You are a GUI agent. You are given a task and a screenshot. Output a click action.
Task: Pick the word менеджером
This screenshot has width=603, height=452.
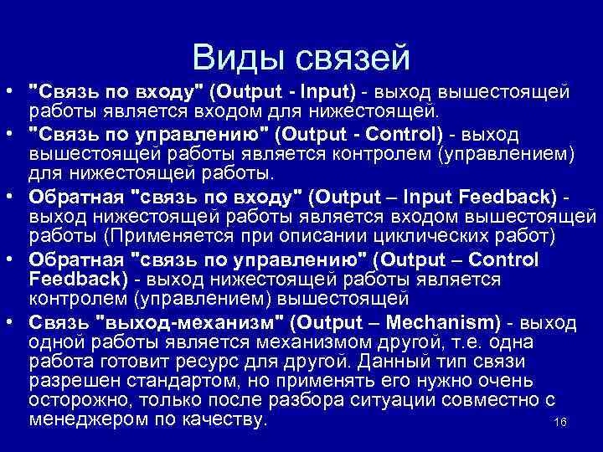pyautogui.click(x=85, y=419)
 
